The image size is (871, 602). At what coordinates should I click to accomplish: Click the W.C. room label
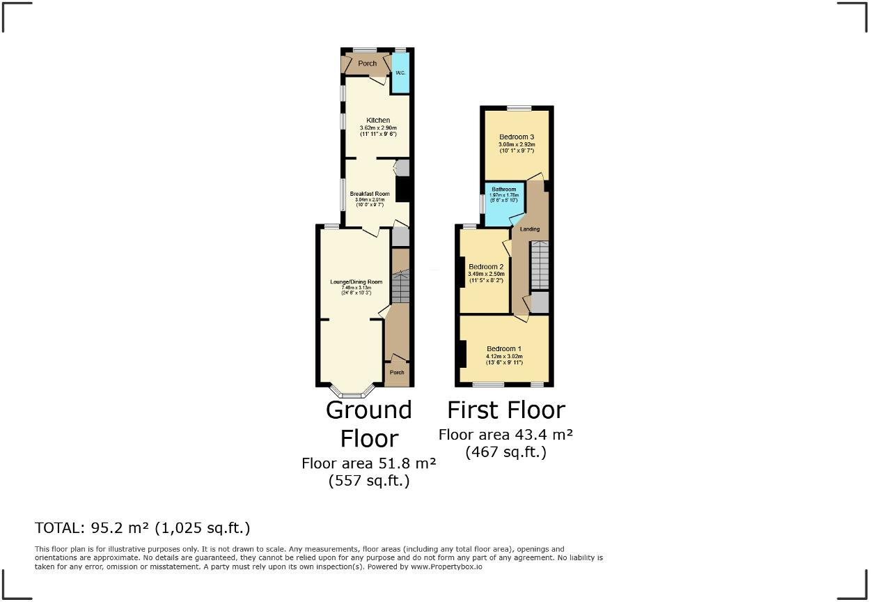[x=400, y=73]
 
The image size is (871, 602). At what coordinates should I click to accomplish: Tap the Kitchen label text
[x=378, y=121]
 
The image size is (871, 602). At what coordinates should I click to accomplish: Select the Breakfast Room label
[x=369, y=194]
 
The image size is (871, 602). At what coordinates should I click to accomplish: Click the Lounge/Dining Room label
[x=352, y=282]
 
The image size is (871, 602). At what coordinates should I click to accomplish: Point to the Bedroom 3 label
[x=517, y=137]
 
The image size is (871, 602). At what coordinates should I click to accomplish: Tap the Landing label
[x=530, y=229]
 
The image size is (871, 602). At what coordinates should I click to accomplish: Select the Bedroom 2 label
[x=486, y=267]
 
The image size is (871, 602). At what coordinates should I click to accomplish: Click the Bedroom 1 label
[x=504, y=349]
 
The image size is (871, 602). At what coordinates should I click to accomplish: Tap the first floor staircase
[x=540, y=265]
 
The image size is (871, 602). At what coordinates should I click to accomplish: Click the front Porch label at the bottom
[x=397, y=373]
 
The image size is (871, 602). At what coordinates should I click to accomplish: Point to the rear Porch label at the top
[x=367, y=63]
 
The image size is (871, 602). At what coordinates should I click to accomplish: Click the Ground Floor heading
[x=369, y=424]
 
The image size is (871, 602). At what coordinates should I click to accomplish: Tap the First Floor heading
[x=505, y=410]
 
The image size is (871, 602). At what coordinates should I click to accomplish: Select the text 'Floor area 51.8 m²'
[x=369, y=463]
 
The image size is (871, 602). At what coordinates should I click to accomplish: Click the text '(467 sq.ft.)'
[x=505, y=451]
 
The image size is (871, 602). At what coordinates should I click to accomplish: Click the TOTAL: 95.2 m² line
[x=143, y=527]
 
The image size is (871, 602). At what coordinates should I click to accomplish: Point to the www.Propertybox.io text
[x=446, y=567]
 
